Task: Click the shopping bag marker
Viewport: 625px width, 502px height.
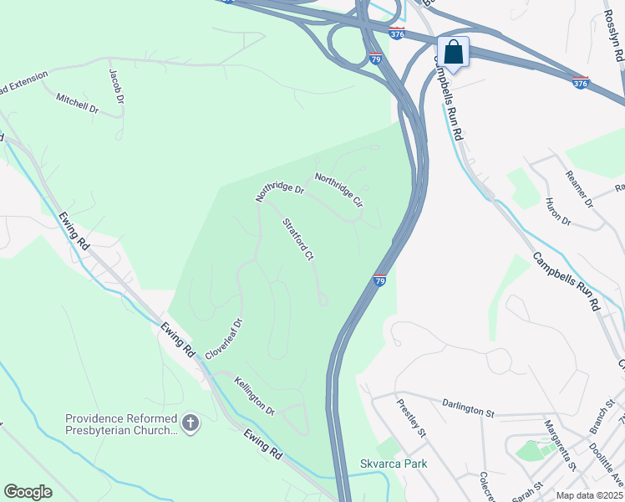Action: tap(453, 53)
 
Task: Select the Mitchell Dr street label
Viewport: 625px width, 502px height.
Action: tap(77, 104)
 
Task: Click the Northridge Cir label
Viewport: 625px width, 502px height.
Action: tap(338, 190)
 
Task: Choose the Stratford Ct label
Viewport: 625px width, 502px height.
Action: tap(297, 240)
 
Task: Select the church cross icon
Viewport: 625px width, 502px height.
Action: tap(191, 423)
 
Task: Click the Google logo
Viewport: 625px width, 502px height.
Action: tap(28, 492)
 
